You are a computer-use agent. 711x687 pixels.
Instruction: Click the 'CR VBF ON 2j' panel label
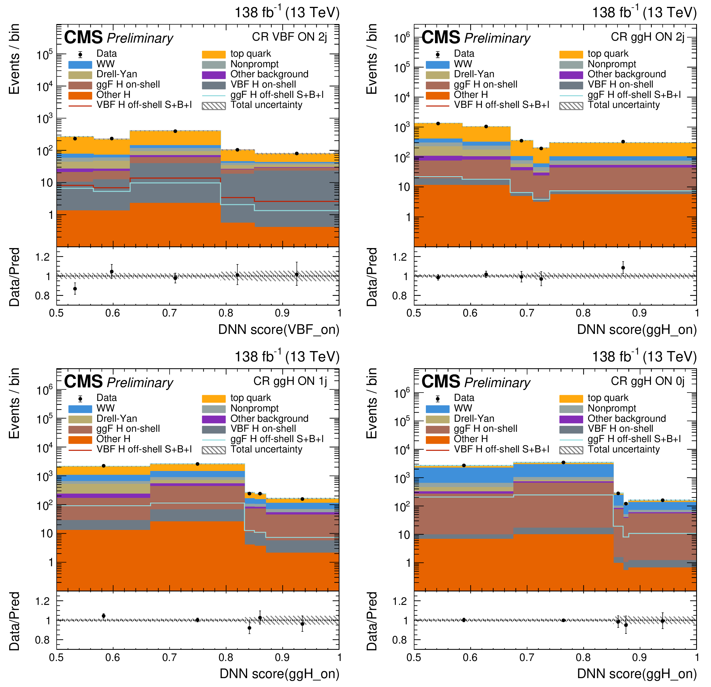tap(289, 37)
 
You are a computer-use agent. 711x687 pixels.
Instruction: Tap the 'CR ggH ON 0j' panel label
tap(648, 381)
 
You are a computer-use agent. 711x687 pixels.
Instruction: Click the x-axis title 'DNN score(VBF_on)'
tap(279, 330)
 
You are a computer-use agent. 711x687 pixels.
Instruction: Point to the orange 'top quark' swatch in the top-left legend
tap(214, 54)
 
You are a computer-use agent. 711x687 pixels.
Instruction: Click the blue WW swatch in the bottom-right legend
tap(438, 409)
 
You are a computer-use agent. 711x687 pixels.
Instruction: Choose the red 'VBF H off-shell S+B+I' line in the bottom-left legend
tap(80, 450)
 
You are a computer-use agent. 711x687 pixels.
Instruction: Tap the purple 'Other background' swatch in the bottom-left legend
tap(214, 419)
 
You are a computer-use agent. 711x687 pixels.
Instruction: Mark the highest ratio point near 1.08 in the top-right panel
tap(623, 268)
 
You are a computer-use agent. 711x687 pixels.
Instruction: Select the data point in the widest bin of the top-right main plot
tap(623, 142)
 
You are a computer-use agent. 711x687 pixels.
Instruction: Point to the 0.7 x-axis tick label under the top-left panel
tap(169, 313)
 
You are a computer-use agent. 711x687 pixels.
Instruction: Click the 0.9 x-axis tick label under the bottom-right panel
tap(639, 657)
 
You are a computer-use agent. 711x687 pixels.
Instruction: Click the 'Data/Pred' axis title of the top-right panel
tap(372, 277)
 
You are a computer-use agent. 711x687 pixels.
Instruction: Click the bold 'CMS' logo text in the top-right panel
tap(441, 37)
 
